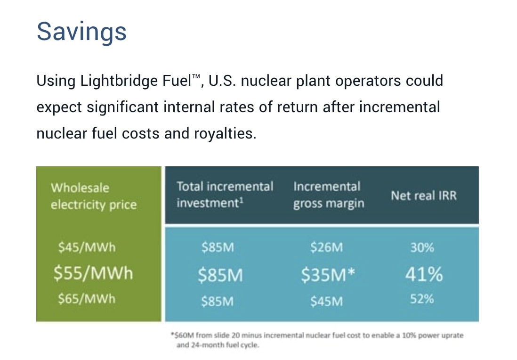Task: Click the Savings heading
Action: click(81, 31)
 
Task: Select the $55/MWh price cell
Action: click(93, 273)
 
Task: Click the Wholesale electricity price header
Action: click(93, 196)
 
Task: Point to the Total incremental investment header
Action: click(225, 195)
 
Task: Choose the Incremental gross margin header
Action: click(328, 195)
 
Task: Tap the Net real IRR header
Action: click(423, 195)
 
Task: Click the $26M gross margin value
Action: click(327, 248)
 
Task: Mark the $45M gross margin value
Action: click(327, 301)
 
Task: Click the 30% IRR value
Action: click(422, 248)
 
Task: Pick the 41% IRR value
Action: click(424, 274)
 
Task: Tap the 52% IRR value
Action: click(422, 299)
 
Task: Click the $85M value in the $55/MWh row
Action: click(220, 275)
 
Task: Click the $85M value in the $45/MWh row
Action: click(218, 248)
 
